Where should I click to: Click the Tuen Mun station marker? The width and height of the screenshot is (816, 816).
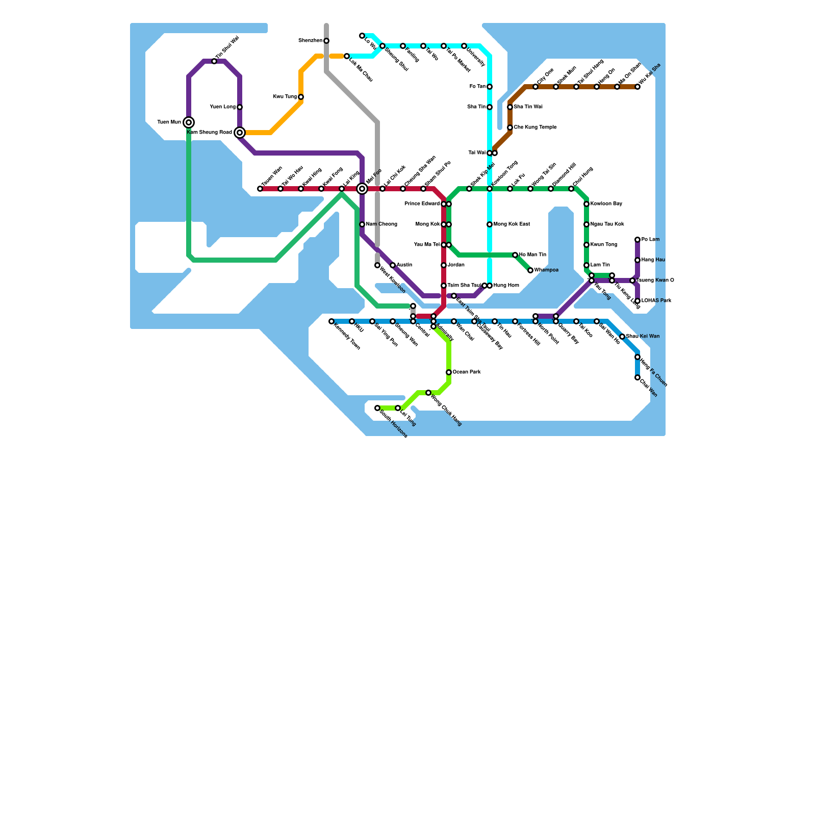coord(189,122)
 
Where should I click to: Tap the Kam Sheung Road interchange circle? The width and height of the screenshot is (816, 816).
coord(240,133)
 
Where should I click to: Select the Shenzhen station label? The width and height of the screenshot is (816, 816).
coord(310,41)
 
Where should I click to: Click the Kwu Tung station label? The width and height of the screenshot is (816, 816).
coord(285,97)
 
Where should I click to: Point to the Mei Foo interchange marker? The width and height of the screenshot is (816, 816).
coord(362,189)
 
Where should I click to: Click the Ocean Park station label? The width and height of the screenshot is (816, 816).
coord(467,372)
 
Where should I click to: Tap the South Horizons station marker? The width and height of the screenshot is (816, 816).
coord(377,408)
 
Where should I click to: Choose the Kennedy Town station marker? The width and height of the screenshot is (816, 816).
coord(331,321)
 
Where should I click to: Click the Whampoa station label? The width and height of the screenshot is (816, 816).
coord(546,270)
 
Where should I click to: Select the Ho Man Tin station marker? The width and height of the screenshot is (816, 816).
coord(515,255)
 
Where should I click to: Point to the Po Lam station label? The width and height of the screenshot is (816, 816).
coord(650,240)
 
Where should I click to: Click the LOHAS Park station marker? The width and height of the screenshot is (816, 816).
coord(637,301)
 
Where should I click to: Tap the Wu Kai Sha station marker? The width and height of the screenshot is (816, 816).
coord(637,87)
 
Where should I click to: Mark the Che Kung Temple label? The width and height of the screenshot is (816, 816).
coord(535,127)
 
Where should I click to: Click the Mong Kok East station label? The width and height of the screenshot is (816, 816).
coord(512,224)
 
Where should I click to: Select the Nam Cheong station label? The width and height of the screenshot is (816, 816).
coord(381,224)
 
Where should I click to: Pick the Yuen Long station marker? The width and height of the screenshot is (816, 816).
coord(240,107)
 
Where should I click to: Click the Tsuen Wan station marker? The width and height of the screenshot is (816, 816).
coord(260,189)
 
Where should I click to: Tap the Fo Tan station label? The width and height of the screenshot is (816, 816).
coord(477,87)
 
